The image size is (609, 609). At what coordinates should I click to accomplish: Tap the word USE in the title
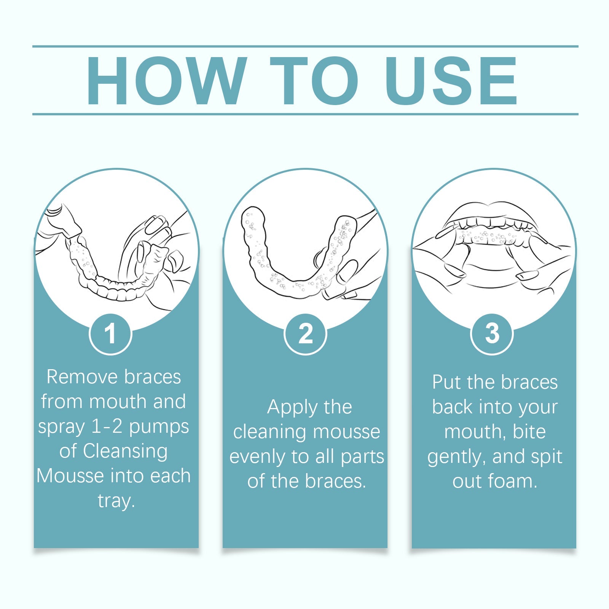pos(451,81)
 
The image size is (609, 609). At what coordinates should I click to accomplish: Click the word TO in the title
pos(314,81)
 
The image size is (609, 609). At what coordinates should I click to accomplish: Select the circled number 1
pos(110,334)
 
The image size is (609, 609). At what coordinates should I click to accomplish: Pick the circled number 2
pos(305,334)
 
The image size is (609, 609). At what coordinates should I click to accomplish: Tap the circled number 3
pos(492,334)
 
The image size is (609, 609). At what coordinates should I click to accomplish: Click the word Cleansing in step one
pos(125,451)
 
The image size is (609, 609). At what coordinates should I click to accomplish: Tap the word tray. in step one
pos(116,501)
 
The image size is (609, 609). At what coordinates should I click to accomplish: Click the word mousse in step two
pos(346,432)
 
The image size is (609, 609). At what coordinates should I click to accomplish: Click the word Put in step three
pos(446,382)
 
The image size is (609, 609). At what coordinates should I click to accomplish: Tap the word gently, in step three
pos(457,457)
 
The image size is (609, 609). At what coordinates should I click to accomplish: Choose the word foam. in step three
pos(512,481)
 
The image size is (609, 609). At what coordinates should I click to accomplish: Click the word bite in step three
pos(529,432)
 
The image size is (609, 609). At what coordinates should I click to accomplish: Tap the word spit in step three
pos(546,457)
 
